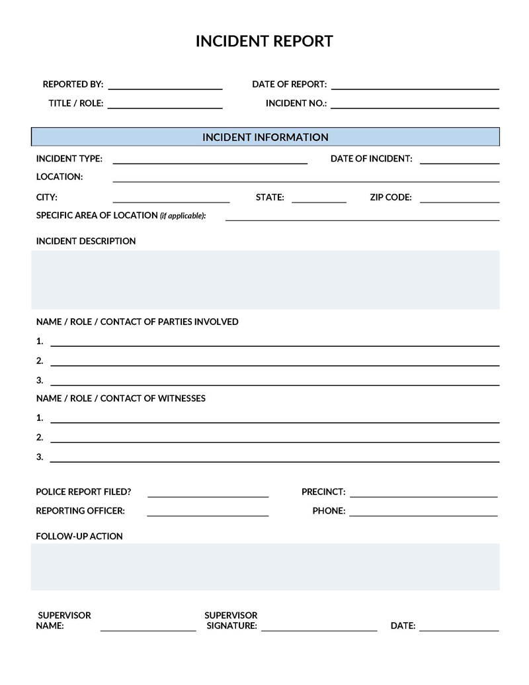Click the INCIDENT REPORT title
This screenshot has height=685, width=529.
264,41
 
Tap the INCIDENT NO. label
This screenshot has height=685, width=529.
296,104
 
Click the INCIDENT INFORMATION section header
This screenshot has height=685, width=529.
265,137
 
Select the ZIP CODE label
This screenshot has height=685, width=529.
391,197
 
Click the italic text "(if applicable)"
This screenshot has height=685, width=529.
183,216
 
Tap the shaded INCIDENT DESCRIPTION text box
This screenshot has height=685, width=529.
265,279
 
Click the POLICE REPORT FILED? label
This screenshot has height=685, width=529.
83,492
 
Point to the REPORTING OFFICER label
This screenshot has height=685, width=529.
80,511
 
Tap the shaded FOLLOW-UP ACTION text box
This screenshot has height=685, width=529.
265,567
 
